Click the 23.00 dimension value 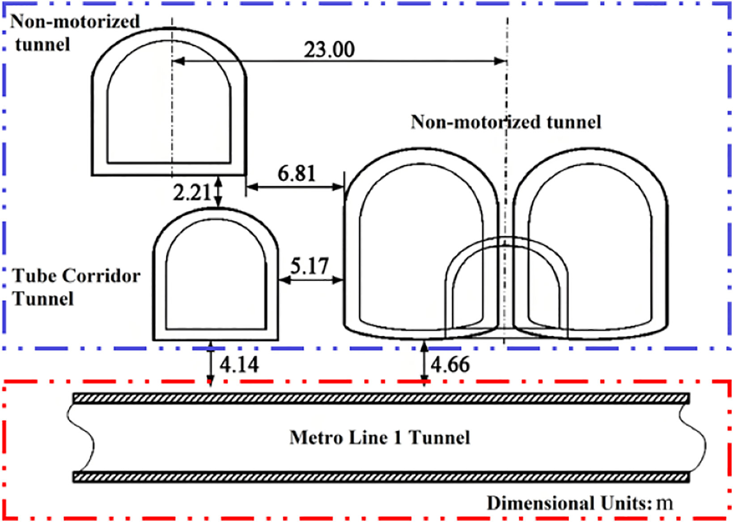(x=329, y=50)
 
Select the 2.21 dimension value (x=192, y=192)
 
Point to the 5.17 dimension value (x=309, y=266)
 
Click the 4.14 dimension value (x=239, y=364)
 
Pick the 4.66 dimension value (x=450, y=364)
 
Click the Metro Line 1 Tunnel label (x=380, y=438)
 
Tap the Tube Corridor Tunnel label (x=76, y=287)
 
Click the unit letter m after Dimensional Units (x=665, y=504)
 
